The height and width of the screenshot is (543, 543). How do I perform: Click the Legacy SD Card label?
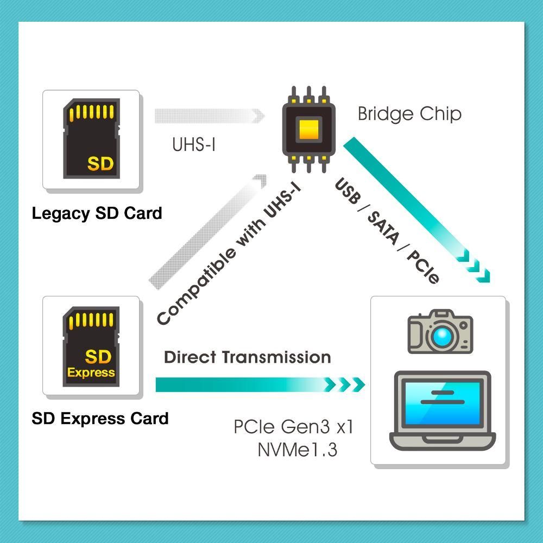coord(97,213)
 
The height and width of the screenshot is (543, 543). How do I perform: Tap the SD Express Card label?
coord(100,418)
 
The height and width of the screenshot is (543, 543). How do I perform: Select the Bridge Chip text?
coord(409,113)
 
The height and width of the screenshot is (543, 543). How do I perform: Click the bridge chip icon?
coord(308,129)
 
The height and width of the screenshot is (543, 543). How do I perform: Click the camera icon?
coord(440,331)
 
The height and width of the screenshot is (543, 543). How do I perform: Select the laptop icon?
coord(443,411)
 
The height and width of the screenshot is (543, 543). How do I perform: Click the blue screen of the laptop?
coord(443,402)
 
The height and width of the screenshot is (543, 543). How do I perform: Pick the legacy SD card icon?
coord(91,138)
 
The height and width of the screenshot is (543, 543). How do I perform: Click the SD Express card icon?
coord(91,346)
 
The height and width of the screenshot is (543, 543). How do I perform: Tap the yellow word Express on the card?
coord(91,372)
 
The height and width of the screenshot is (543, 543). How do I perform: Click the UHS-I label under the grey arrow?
coord(194,144)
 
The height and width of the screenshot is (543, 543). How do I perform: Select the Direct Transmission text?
coord(247,357)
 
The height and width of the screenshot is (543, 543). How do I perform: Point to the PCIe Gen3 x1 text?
coord(293,427)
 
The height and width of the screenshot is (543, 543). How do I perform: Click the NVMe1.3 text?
coord(298,450)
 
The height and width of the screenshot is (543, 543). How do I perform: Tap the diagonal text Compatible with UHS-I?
coord(229,254)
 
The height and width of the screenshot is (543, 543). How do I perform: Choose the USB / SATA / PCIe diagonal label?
coord(387,231)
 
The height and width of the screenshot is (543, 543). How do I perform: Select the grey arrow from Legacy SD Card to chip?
coord(210,116)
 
